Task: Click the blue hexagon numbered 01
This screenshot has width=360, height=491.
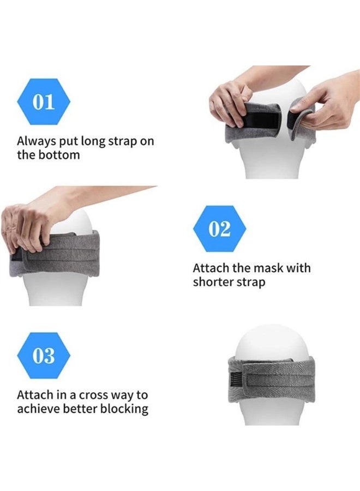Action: point(44,101)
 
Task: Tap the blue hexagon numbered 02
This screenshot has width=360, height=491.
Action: point(219,229)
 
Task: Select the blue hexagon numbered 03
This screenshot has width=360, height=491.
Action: point(44,355)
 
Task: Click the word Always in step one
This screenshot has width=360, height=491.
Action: point(37,141)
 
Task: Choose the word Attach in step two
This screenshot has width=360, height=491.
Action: point(211,268)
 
